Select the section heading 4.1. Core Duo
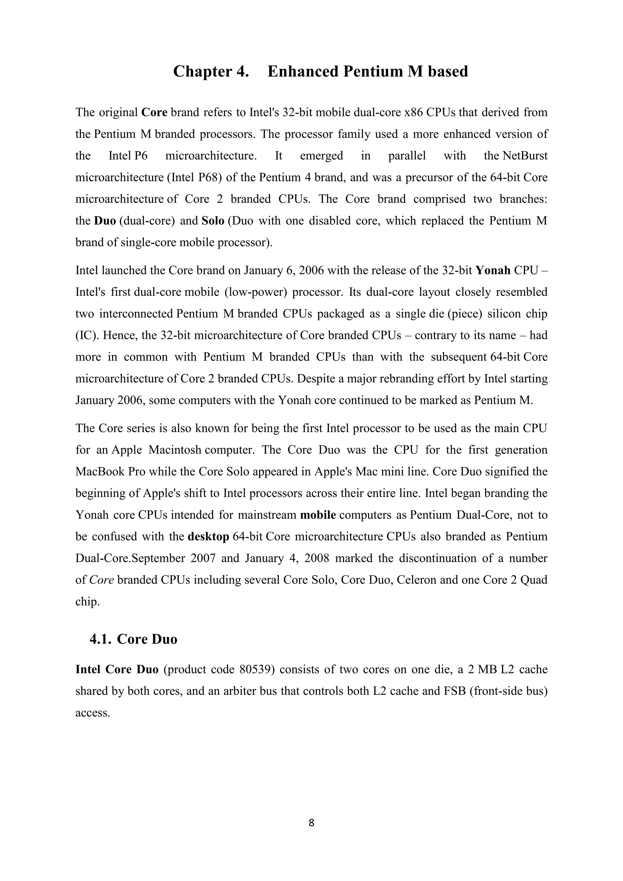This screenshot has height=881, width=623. tap(133, 639)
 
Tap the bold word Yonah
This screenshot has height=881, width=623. tap(493, 270)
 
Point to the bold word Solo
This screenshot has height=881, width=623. tap(213, 221)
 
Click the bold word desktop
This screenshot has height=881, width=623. tap(208, 536)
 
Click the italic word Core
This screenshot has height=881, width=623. tap(102, 580)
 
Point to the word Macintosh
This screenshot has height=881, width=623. tap(175, 450)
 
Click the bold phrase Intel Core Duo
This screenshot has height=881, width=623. tap(117, 670)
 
